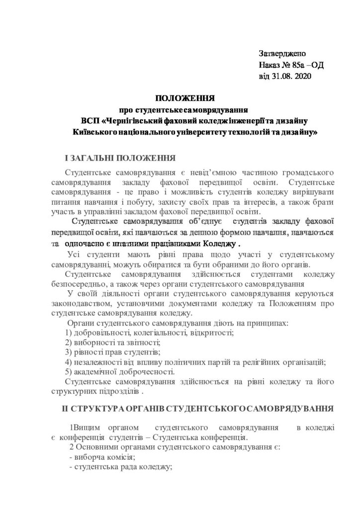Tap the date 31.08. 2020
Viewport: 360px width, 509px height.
tap(290, 77)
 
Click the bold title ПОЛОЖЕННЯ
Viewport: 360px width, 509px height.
tap(180, 98)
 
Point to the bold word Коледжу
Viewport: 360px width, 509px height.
tap(219, 245)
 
